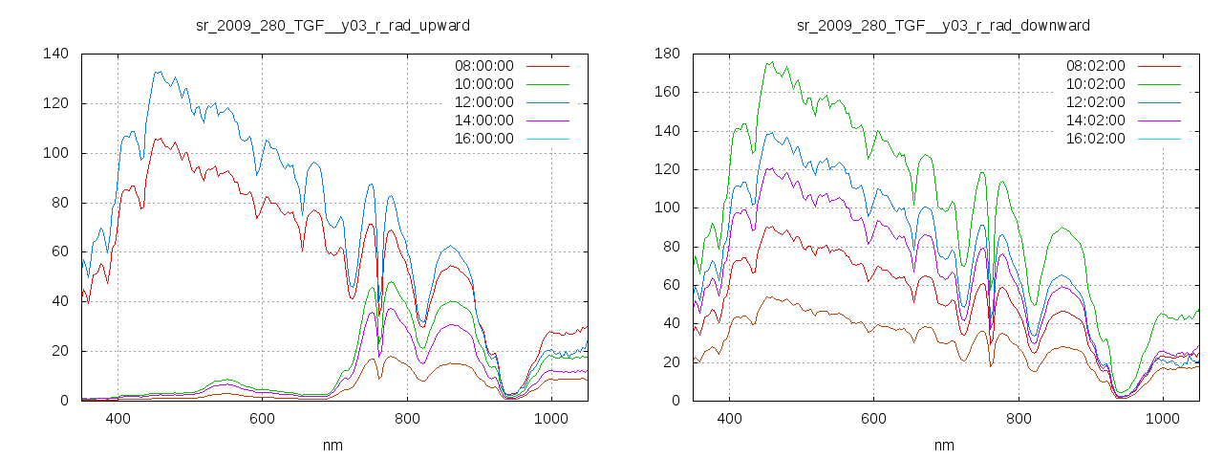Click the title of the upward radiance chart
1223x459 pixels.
point(333,24)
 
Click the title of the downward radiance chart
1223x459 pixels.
point(944,24)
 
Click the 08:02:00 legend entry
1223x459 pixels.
point(1095,66)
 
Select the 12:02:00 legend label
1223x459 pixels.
point(1095,102)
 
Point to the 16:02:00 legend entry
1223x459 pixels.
point(1095,139)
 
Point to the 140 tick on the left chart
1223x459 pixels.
point(54,54)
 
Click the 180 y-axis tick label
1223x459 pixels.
point(666,54)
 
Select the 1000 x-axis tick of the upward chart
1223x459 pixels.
point(550,419)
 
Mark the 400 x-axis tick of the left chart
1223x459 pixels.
point(118,419)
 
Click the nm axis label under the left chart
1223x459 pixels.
point(333,445)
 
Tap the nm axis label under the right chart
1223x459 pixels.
point(944,445)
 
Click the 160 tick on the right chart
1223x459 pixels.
point(666,93)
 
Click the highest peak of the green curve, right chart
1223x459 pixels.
point(769,62)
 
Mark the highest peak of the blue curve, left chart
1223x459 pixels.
point(157,71)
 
